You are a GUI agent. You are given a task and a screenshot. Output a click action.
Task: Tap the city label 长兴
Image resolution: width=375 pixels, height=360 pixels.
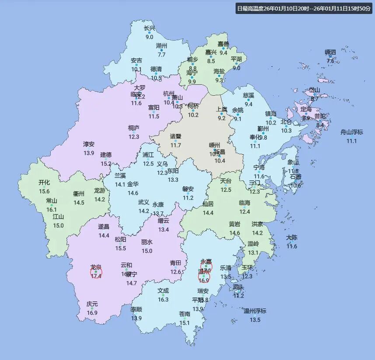pos(149,28)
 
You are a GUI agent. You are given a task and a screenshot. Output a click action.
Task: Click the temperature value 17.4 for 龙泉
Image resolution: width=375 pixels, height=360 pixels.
pos(96,276)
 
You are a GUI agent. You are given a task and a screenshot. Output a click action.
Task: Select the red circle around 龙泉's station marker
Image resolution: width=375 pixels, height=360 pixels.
pos(96,272)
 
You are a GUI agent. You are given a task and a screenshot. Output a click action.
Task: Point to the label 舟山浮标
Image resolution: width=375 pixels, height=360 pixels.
pos(352,132)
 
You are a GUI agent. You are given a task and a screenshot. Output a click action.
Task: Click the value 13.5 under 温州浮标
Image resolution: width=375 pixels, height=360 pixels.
pos(255,320)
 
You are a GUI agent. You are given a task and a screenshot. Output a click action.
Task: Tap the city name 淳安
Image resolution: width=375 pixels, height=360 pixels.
pos(89,144)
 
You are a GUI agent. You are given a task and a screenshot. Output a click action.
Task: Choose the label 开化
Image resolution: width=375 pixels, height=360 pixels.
pos(44,183)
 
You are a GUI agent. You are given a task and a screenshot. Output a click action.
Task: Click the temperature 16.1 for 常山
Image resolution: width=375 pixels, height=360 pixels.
pos(52,210)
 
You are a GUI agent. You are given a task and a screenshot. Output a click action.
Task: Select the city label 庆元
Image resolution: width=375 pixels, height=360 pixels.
pos(92,304)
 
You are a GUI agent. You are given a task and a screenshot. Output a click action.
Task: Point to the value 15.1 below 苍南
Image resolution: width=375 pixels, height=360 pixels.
pos(184,323)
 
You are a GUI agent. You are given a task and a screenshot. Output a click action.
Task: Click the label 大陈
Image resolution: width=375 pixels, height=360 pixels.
pos(292,238)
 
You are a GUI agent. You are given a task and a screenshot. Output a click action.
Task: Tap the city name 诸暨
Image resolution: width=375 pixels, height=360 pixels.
pos(176,136)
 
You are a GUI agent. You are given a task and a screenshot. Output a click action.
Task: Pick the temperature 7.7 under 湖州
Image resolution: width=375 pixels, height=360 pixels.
pos(162,55)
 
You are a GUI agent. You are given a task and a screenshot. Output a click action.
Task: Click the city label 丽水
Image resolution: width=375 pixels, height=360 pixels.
pos(147,242)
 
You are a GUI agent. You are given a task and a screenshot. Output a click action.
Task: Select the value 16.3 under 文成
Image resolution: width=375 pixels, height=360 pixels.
pos(163,300)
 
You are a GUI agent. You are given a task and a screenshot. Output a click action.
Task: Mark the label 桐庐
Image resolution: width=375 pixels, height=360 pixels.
pos(134,128)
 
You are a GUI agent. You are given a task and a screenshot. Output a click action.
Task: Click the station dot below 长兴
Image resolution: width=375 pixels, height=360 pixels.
pos(149,33)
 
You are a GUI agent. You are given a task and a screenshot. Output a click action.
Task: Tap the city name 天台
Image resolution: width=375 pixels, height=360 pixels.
pos(226,181)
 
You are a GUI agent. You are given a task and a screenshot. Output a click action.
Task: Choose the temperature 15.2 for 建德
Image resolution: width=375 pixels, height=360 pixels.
pos(106,163)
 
